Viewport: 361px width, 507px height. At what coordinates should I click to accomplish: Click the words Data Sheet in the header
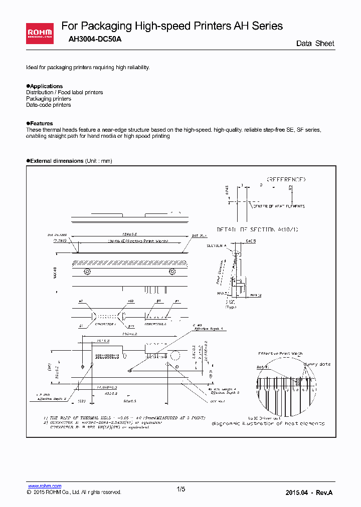coord(315,44)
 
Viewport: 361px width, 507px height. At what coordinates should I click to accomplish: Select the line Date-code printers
coord(49,105)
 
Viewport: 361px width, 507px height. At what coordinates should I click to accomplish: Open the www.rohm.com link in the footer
coord(44,486)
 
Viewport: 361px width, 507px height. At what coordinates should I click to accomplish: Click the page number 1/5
coord(181,489)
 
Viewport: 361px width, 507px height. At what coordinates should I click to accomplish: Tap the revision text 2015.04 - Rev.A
coord(308,492)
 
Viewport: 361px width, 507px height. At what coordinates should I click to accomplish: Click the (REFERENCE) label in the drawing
coord(286,179)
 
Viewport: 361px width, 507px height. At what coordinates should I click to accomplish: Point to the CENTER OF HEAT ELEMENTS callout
coord(278,206)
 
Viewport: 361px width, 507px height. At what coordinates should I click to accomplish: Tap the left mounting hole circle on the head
coord(87,272)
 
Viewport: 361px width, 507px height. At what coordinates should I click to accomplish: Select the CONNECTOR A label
coord(99,324)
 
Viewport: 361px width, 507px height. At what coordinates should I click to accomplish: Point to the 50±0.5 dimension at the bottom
coord(130,401)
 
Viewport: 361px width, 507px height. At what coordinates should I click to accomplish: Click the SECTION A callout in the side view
coord(217,245)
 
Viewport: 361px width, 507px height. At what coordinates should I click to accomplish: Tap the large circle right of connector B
coord(175,356)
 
